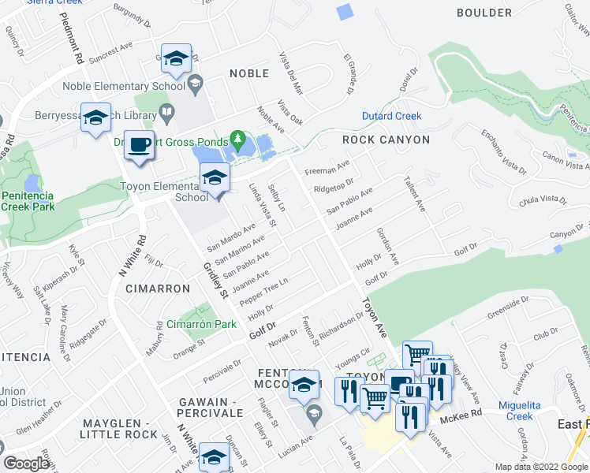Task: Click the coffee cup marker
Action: [x=140, y=146]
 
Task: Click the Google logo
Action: [x=26, y=464]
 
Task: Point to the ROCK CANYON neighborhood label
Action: [x=386, y=140]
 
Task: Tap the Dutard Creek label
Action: [x=391, y=116]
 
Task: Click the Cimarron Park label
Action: [x=201, y=324]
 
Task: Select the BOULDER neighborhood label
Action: [x=484, y=13]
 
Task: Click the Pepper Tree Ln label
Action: [x=265, y=293]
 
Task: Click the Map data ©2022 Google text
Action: [x=540, y=467]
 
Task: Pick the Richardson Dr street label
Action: [x=341, y=320]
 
